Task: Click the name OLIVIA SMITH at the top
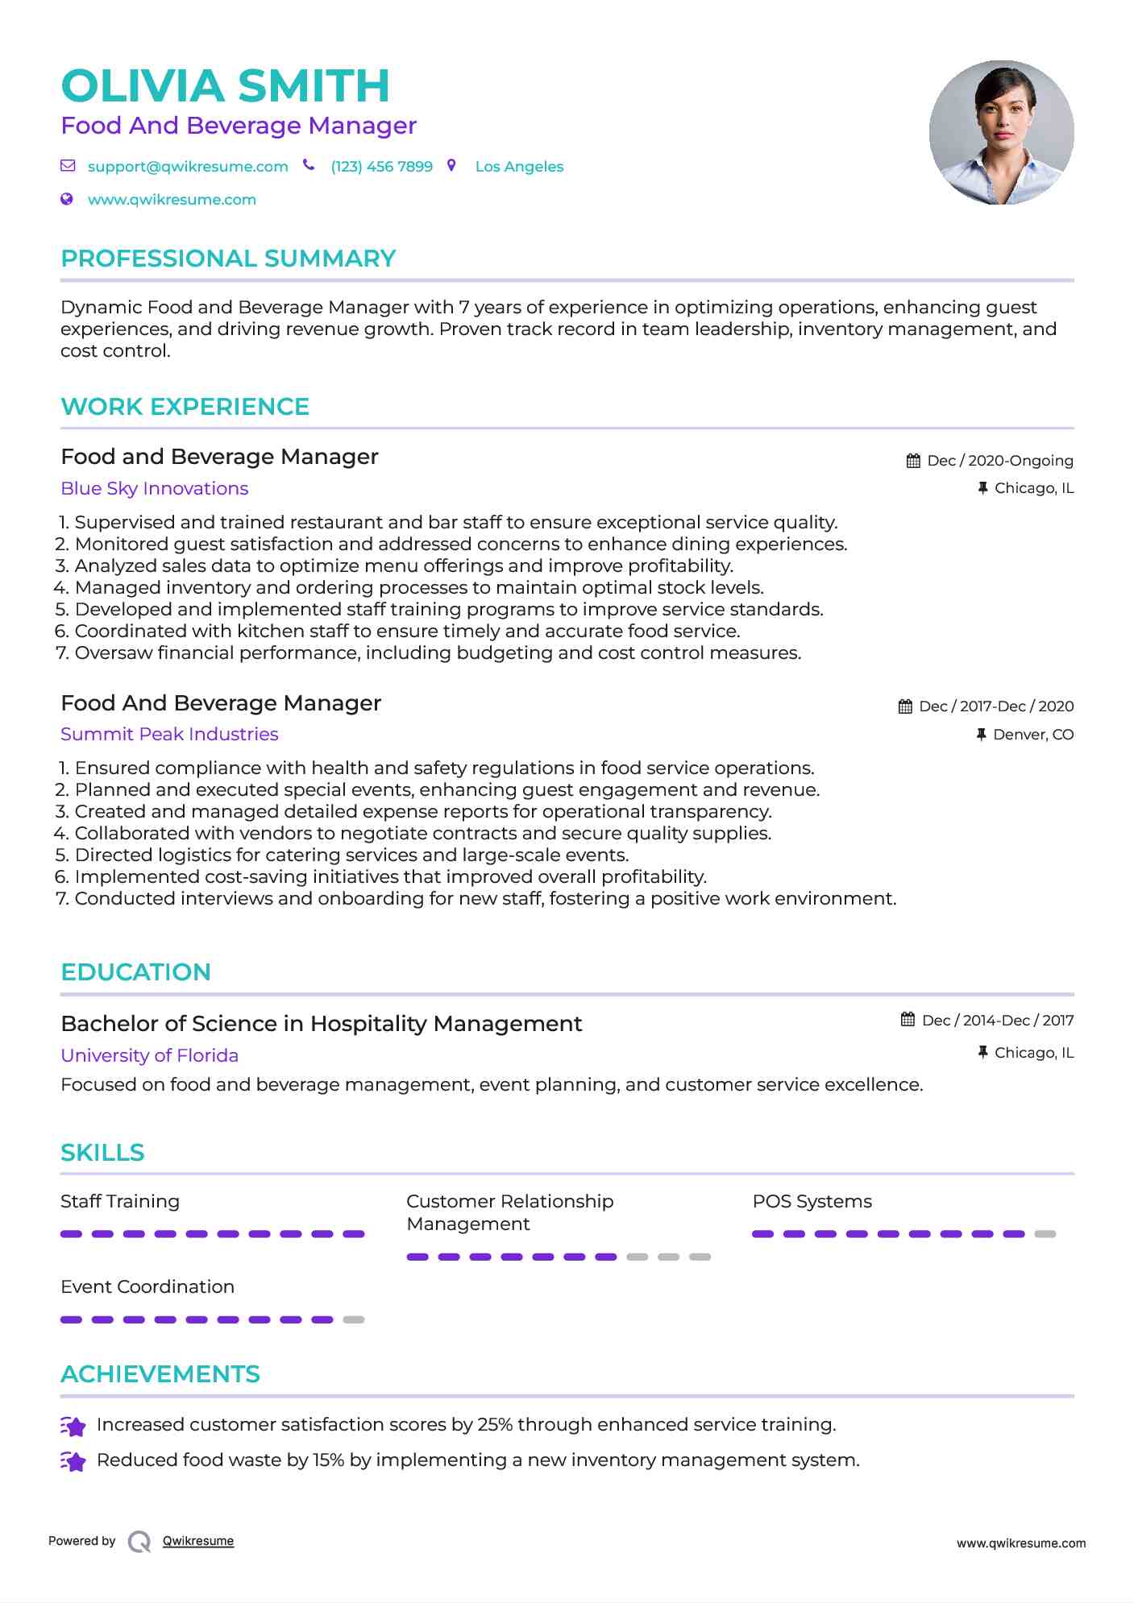coord(225,85)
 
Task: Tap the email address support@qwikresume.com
coord(188,167)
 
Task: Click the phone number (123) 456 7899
coord(381,167)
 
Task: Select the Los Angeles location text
coord(519,167)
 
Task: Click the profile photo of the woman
coord(1001,132)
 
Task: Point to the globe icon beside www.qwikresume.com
coord(67,199)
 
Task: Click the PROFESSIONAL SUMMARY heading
coord(228,259)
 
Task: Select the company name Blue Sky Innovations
coord(154,488)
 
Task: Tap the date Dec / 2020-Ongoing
coord(999,461)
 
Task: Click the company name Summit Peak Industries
coord(169,734)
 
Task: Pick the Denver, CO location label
coord(1032,735)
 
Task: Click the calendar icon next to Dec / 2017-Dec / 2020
coord(905,706)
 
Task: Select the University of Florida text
coord(149,1055)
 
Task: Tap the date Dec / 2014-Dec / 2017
coord(997,1021)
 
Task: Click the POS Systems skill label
coord(812,1201)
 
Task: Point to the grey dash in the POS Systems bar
coord(1045,1234)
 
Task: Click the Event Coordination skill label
coord(147,1286)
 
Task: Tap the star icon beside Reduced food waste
coord(73,1460)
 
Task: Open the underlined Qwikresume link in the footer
coord(198,1541)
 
